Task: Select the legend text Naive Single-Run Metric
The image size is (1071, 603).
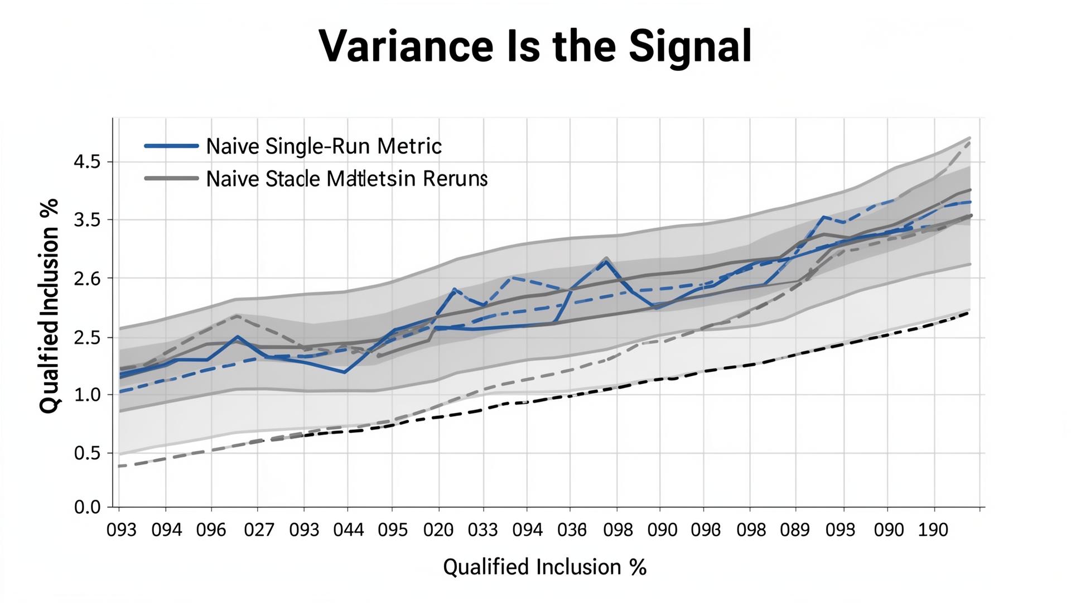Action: coord(324,146)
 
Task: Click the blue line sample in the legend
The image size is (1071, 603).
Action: coord(171,146)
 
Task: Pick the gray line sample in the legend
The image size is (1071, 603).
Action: coord(171,179)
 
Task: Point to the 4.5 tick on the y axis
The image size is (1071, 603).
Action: coord(86,162)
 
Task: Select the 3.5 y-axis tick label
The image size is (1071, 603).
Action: coord(86,221)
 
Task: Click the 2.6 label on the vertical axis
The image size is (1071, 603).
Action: coord(86,279)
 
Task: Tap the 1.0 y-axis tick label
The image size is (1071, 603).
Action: coord(86,395)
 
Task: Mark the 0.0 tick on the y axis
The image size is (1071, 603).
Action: coord(86,508)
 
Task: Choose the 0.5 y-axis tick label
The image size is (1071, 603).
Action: coord(86,453)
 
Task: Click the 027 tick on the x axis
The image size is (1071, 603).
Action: coord(259,530)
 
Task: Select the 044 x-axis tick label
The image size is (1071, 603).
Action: coord(348,530)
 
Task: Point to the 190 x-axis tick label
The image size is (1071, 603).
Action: coord(933,530)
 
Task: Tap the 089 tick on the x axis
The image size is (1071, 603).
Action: coord(795,530)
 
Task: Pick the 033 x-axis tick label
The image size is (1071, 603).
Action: coord(483,530)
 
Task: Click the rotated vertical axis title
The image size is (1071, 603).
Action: coord(49,306)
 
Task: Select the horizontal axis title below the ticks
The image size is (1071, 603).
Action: coord(544,567)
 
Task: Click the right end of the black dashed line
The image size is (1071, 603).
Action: coord(968,313)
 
